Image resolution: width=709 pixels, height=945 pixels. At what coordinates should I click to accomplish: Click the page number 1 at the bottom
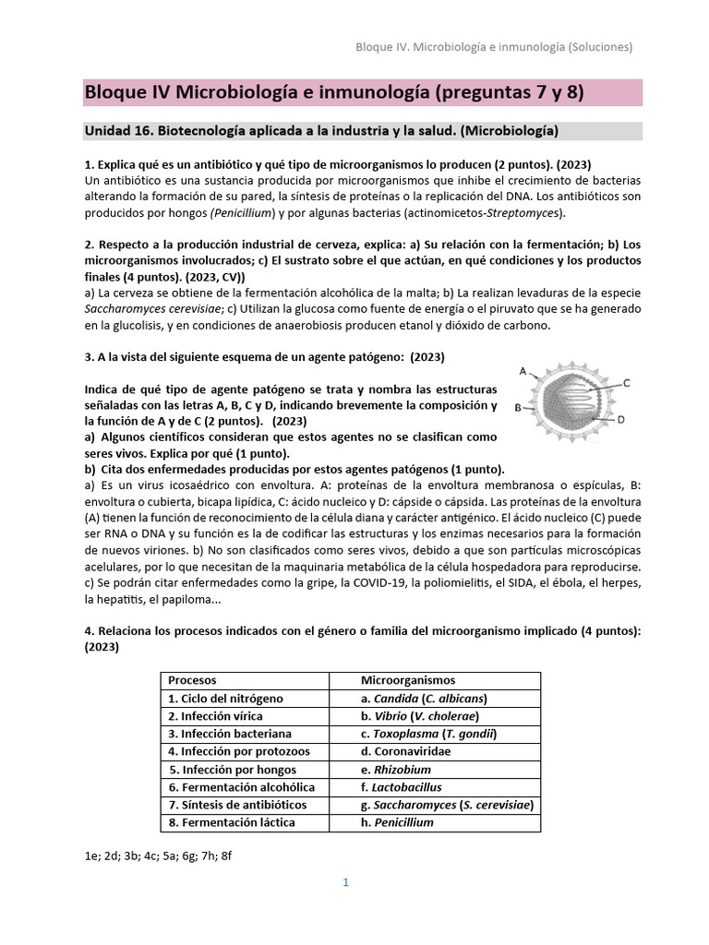(345, 882)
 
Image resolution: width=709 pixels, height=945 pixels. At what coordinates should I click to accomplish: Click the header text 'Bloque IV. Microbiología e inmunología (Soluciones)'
(494, 46)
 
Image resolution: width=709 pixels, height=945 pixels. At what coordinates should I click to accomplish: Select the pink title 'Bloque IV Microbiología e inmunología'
(333, 92)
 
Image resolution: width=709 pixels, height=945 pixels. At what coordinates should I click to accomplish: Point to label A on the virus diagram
(523, 371)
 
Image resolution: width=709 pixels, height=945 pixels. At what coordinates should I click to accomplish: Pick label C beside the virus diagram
(626, 382)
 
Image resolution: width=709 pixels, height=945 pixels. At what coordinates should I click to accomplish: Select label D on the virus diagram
(621, 419)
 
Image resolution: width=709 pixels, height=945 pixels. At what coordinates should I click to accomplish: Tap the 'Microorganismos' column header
(407, 681)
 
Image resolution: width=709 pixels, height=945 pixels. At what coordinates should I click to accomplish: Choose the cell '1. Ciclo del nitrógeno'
(225, 699)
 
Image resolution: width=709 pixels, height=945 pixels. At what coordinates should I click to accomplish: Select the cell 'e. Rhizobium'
(396, 770)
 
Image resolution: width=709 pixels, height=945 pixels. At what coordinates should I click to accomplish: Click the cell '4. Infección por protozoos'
(238, 751)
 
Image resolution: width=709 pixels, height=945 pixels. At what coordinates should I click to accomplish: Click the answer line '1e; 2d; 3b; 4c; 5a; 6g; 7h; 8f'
(158, 855)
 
